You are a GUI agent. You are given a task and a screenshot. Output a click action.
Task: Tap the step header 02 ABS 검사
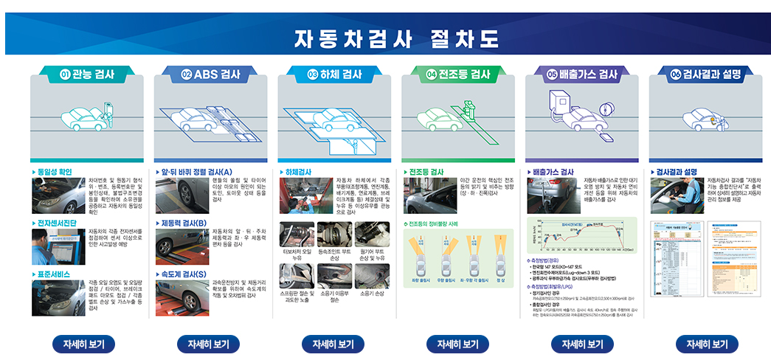point(212,74)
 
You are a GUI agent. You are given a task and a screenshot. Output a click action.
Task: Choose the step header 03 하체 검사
point(334,74)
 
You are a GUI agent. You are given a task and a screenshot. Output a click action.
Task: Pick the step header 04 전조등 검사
point(458,74)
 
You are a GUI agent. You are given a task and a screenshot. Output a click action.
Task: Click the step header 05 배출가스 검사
point(582,74)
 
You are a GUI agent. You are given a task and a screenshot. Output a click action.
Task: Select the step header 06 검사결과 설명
point(706,74)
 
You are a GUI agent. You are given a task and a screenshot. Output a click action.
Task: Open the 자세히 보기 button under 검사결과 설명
point(707,345)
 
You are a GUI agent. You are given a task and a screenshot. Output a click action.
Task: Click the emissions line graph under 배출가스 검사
point(581,235)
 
